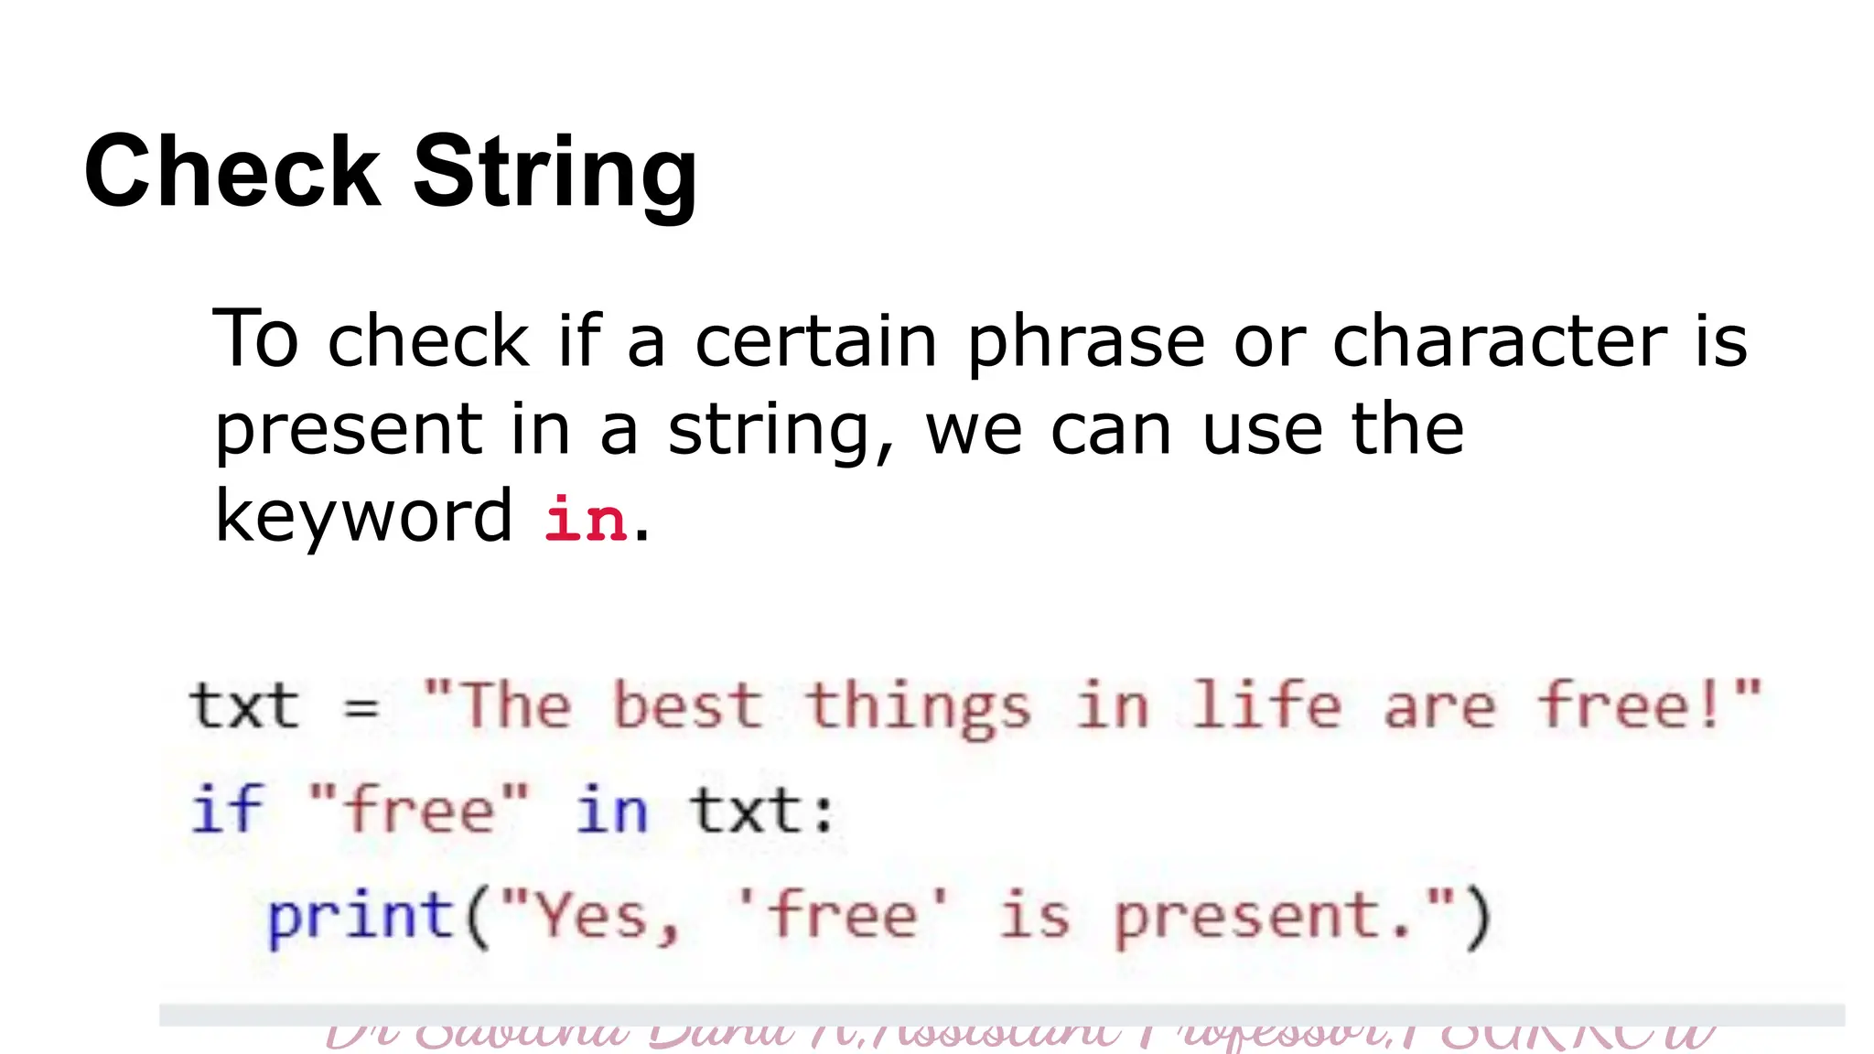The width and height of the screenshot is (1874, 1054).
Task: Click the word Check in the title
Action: tap(232, 171)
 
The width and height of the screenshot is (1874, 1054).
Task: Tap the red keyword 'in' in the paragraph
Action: tap(585, 519)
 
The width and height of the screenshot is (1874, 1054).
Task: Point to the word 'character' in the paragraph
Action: tap(1500, 340)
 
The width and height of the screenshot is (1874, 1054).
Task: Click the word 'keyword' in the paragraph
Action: tap(363, 516)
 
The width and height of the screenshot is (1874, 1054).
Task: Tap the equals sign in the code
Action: tap(361, 707)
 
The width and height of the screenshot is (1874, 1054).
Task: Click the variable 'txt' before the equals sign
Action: tap(244, 706)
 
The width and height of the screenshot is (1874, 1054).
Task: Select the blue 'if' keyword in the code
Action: tap(227, 809)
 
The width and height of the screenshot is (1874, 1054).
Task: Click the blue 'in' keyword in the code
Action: tap(611, 811)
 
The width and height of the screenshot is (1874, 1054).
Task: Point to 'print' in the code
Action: tap(361, 917)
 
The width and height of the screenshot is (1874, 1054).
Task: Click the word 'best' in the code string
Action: tap(686, 706)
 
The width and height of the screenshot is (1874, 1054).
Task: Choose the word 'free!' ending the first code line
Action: tap(1632, 706)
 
